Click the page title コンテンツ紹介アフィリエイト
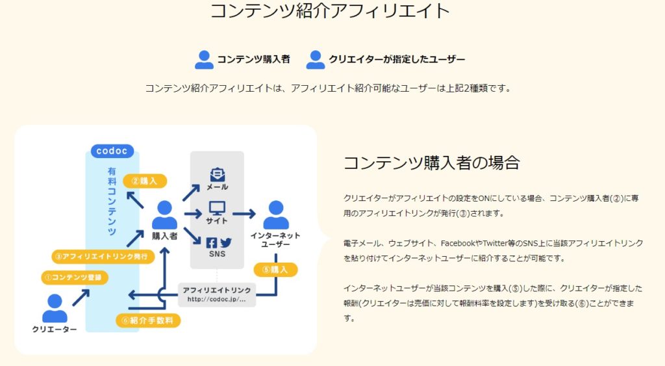(331, 11)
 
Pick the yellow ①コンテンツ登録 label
(75, 277)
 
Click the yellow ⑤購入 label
(275, 268)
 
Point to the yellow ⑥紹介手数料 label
(148, 320)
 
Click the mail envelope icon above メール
(217, 175)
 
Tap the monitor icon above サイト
(217, 209)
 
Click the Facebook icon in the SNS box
(211, 242)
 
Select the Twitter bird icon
(225, 242)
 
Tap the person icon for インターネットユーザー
(276, 215)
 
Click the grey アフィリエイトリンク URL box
(217, 294)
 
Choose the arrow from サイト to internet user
(244, 213)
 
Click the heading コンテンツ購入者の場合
(431, 163)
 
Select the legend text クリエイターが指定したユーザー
(397, 59)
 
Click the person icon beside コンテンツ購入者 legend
(204, 59)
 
